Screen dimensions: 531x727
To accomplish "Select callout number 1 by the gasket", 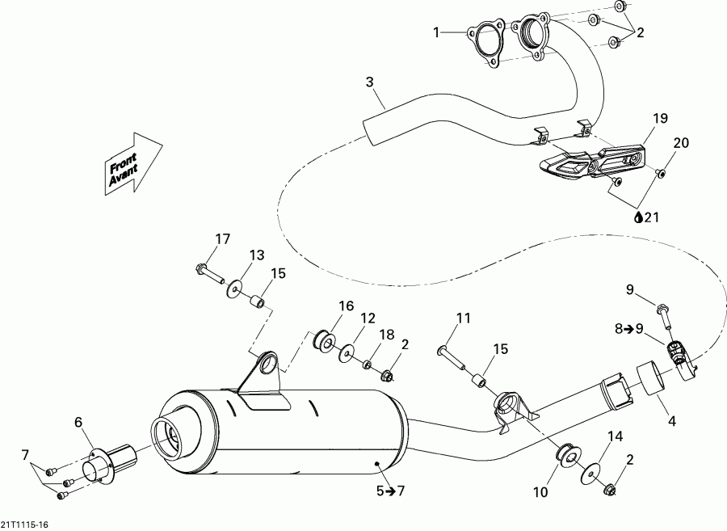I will pyautogui.click(x=436, y=32).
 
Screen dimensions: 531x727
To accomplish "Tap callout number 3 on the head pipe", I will pyautogui.click(x=369, y=82).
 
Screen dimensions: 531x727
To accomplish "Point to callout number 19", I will pyautogui.click(x=661, y=119).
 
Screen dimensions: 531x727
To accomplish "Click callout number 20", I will pyautogui.click(x=681, y=143).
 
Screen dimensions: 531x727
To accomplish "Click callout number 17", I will pyautogui.click(x=222, y=238).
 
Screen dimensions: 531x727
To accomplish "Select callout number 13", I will pyautogui.click(x=256, y=255).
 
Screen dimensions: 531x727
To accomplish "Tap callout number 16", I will pyautogui.click(x=347, y=306).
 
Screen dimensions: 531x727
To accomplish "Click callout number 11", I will pyautogui.click(x=462, y=318).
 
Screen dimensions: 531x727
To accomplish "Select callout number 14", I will pyautogui.click(x=616, y=437).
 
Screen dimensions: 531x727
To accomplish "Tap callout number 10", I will pyautogui.click(x=540, y=491).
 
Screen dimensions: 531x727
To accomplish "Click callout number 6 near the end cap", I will pyautogui.click(x=78, y=421).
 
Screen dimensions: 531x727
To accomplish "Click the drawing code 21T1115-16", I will pyautogui.click(x=24, y=525).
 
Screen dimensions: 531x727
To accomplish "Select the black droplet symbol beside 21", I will pyautogui.click(x=637, y=217).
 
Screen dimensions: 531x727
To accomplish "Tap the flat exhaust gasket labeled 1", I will pyautogui.click(x=483, y=40).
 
